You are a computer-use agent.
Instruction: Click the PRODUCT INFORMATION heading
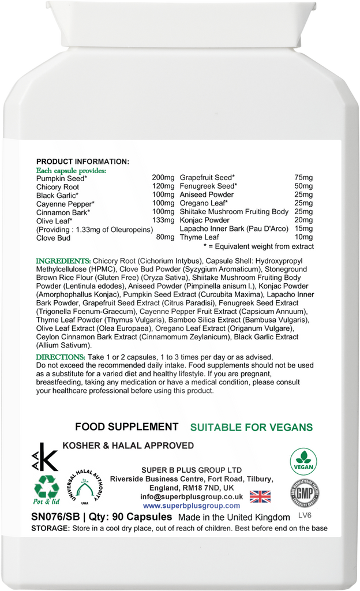point(82,162)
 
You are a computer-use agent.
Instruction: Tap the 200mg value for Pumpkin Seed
point(162,178)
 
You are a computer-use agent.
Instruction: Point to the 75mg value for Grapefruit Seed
point(303,178)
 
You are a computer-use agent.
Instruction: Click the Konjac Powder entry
point(204,220)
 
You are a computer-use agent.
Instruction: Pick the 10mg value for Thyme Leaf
point(303,237)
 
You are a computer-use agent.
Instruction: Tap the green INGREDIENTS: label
point(63,261)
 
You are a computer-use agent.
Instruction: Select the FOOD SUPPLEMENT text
point(126,427)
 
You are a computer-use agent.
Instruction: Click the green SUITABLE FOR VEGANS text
point(252,428)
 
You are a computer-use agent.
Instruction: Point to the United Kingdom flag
point(260,496)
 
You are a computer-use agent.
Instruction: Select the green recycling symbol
point(47,488)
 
